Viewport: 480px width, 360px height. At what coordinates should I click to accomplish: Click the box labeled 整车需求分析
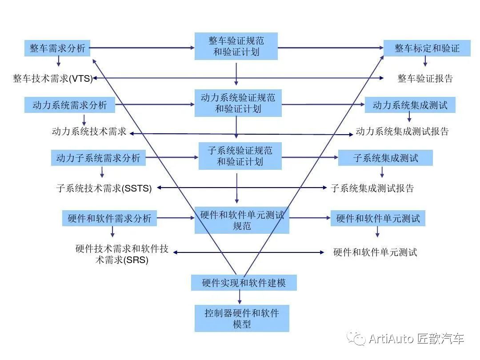(57, 48)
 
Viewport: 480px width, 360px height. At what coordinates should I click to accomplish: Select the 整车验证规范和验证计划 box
(236, 46)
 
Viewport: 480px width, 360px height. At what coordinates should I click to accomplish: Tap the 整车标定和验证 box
(427, 48)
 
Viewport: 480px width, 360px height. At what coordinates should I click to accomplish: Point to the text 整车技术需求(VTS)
(52, 78)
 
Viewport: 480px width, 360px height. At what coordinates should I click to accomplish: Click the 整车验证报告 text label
(425, 78)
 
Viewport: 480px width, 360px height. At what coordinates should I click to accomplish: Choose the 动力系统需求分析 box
(70, 105)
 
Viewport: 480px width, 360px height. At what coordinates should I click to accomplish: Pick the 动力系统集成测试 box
(410, 105)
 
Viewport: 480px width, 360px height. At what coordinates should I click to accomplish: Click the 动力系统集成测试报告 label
(402, 131)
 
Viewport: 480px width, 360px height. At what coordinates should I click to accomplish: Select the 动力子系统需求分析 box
(98, 158)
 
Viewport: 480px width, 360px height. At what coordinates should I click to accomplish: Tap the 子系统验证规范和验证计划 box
(240, 156)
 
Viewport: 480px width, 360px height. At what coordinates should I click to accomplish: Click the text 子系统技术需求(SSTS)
(104, 188)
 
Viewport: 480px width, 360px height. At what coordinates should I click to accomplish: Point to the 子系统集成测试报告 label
(372, 188)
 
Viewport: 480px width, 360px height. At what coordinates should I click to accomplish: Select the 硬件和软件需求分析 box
(109, 218)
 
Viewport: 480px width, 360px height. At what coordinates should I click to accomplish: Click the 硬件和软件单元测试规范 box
(242, 220)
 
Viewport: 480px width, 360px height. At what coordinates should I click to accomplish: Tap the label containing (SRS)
(122, 254)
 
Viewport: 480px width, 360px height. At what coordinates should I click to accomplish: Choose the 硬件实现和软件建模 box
(244, 283)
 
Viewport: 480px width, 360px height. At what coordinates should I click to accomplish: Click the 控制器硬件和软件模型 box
(242, 318)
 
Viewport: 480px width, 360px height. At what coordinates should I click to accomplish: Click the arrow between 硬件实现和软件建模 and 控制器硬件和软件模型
(240, 297)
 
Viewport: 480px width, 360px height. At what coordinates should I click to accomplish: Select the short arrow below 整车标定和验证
(425, 61)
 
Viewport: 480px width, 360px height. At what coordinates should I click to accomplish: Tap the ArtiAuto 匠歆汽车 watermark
(405, 339)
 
